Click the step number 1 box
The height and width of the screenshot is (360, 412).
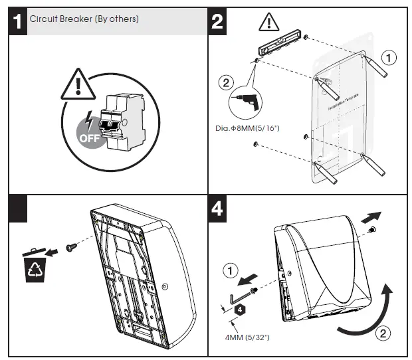(x=18, y=21)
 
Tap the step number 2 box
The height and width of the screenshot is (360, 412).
(x=217, y=21)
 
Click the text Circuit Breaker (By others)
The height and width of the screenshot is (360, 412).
(x=84, y=19)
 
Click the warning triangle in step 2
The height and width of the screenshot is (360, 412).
(x=268, y=22)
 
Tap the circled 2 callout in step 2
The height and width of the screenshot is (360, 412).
(x=226, y=83)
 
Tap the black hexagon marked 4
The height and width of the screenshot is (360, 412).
(x=237, y=310)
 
